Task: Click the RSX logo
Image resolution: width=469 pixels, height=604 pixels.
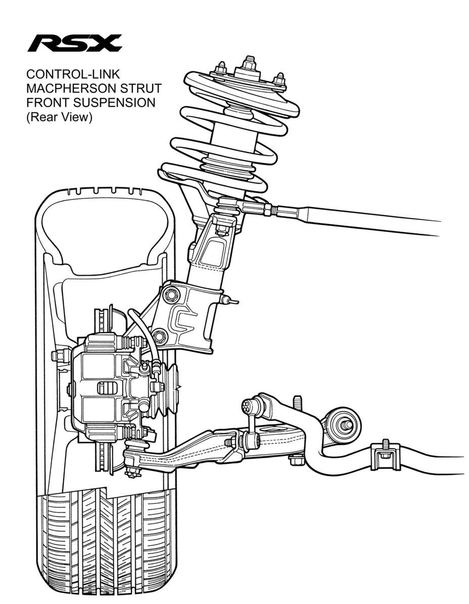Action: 74,43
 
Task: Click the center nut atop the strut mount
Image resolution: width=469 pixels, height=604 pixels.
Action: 248,64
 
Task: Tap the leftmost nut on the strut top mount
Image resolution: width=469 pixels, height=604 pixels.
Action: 220,69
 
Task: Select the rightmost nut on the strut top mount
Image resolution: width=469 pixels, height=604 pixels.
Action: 278,79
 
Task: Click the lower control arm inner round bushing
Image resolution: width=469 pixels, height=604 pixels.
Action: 343,424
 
